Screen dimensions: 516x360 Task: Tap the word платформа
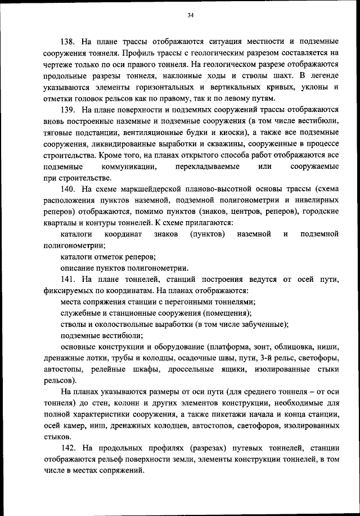(x=228, y=347)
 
